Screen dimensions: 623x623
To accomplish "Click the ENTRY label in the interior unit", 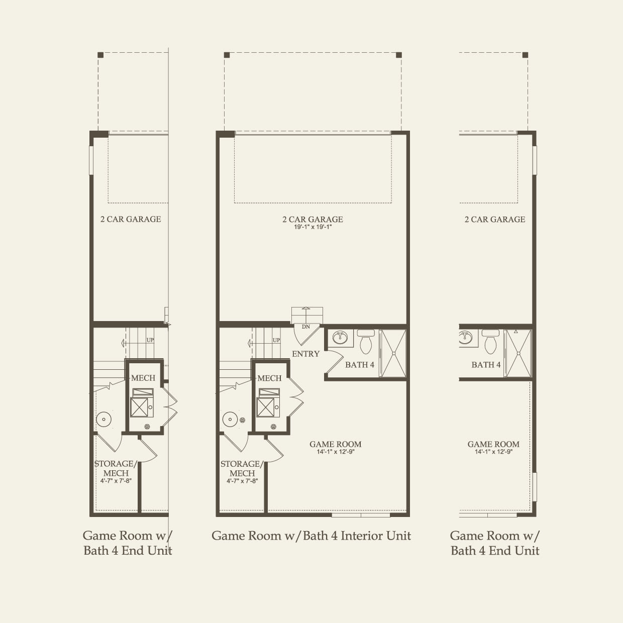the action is point(305,354).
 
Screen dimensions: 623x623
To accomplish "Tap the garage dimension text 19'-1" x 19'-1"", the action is point(313,227).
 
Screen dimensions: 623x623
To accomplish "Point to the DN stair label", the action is point(306,327).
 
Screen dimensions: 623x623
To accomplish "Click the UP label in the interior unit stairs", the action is point(276,340).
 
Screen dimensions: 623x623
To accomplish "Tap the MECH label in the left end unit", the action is point(143,378).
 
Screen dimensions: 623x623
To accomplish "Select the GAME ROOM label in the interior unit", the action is point(336,444).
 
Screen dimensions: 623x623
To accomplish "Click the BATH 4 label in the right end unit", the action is point(486,365).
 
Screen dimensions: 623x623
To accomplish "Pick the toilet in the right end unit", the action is point(490,342).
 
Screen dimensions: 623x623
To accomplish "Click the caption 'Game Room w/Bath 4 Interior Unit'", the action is point(311,536).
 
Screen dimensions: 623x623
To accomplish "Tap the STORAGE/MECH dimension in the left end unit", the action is point(116,481).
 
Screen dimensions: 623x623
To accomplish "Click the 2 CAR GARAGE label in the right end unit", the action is point(495,220).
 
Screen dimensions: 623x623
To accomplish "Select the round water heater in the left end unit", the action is point(104,420).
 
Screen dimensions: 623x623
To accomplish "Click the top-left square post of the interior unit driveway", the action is point(227,55).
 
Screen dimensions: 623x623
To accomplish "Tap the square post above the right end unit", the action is point(525,55).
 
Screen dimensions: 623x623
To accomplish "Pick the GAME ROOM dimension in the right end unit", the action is point(494,452).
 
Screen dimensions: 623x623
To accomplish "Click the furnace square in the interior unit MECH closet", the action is point(265,407).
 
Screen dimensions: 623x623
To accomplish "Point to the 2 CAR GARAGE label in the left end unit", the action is point(131,219).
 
